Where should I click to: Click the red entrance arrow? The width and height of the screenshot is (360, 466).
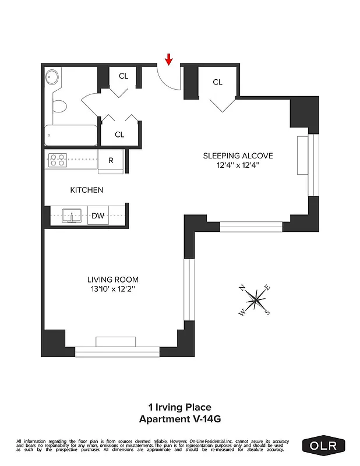pyautogui.click(x=169, y=59)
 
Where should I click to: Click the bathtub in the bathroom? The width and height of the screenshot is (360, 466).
pyautogui.click(x=70, y=135)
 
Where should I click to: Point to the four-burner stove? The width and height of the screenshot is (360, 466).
pyautogui.click(x=58, y=160)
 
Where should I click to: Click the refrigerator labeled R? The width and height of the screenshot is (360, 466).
pyautogui.click(x=111, y=161)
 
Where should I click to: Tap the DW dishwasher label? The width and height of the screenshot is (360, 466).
pyautogui.click(x=98, y=216)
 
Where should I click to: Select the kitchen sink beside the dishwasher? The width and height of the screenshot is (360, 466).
pyautogui.click(x=71, y=216)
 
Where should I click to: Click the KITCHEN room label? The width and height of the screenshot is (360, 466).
pyautogui.click(x=87, y=190)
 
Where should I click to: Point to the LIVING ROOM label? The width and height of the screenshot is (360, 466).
pyautogui.click(x=113, y=280)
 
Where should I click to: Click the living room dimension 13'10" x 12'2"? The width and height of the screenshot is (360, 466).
pyautogui.click(x=113, y=289)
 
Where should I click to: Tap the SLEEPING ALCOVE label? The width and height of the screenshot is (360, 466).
pyautogui.click(x=238, y=156)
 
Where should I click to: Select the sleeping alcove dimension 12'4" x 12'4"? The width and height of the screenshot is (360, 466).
pyautogui.click(x=238, y=165)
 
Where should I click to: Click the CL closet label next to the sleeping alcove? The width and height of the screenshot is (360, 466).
pyautogui.click(x=217, y=82)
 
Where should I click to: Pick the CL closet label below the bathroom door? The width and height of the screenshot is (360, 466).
pyautogui.click(x=119, y=135)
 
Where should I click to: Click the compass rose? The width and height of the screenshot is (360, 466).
pyautogui.click(x=255, y=301)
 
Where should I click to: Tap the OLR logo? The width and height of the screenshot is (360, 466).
pyautogui.click(x=324, y=446)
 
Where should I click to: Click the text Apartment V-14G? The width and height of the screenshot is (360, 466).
pyautogui.click(x=180, y=419)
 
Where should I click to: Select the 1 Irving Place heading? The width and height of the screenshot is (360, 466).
pyautogui.click(x=180, y=408)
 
